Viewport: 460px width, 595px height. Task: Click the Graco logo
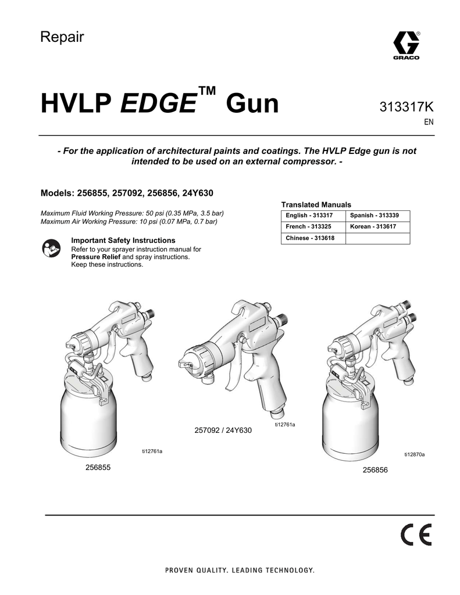click(405, 45)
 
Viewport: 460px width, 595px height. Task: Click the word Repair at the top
click(62, 37)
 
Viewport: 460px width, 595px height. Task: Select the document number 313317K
click(406, 107)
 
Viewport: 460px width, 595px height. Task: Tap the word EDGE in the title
click(158, 105)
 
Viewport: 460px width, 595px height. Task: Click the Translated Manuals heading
click(316, 205)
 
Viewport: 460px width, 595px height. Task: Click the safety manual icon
click(51, 248)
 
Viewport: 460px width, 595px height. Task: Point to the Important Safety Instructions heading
click(123, 240)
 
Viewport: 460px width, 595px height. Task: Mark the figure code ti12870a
click(415, 454)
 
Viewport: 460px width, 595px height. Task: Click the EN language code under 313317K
click(428, 123)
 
